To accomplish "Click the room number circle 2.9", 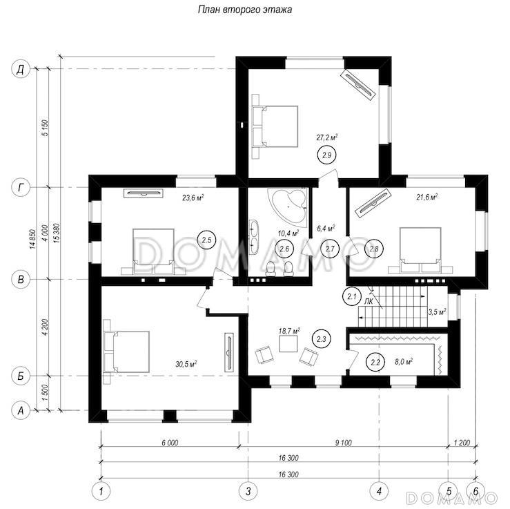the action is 326,155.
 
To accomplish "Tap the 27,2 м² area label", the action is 327,137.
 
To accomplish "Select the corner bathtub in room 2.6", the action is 288,206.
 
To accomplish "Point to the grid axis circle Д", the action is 21,69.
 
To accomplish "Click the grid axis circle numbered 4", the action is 379,490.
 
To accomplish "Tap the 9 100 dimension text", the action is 343,443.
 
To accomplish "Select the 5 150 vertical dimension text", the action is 46,128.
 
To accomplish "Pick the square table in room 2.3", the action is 288,343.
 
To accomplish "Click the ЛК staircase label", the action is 369,302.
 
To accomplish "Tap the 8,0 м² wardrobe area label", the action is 404,361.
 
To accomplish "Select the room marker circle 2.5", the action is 206,240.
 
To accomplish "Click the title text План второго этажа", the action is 245,10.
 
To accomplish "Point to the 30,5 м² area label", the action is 186,364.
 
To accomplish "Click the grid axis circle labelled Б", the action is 21,376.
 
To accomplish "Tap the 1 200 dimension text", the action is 462,443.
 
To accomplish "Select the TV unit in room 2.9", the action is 357,85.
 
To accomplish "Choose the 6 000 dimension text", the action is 170,443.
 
